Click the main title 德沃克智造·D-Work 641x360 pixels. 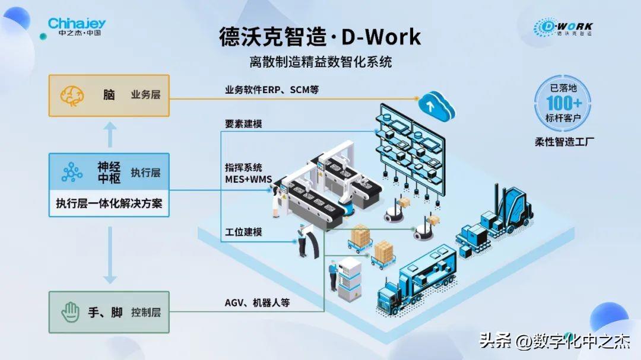pyautogui.click(x=320, y=37)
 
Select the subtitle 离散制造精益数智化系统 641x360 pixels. pyautogui.click(x=320, y=62)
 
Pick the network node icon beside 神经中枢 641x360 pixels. pyautogui.click(x=72, y=172)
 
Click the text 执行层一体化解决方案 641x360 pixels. pyautogui.click(x=109, y=203)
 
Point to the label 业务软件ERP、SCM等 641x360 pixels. pyautogui.click(x=272, y=90)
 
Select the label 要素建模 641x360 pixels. pyautogui.click(x=243, y=125)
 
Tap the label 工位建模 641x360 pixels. pyautogui.click(x=243, y=232)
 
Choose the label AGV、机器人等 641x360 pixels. pyautogui.click(x=257, y=302)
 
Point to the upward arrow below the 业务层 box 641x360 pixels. pyautogui.click(x=109, y=135)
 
